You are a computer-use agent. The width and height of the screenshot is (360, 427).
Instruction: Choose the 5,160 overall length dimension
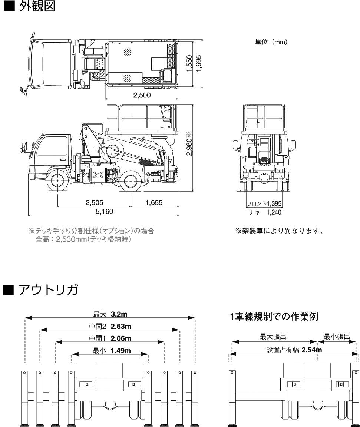click(104, 212)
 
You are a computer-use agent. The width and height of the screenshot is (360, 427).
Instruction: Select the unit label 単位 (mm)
click(269, 42)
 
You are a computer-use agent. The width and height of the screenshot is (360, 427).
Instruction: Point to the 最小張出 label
click(337, 337)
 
